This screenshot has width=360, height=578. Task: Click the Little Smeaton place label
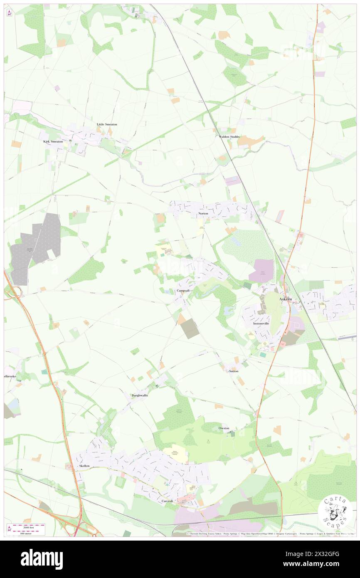(x=107, y=124)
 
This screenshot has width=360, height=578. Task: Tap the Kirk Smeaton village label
(x=53, y=141)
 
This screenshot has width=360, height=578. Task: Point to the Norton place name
(x=203, y=213)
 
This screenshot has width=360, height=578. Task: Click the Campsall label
(x=183, y=290)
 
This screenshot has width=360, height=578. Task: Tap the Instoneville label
(x=261, y=323)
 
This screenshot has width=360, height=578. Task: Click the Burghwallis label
(x=140, y=395)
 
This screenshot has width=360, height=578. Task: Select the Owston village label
(x=224, y=428)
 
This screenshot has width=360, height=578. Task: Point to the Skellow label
(x=84, y=466)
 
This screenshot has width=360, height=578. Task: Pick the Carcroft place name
(x=170, y=501)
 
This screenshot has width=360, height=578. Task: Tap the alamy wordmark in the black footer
(x=42, y=559)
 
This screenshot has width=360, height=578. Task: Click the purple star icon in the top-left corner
(x=9, y=13)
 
